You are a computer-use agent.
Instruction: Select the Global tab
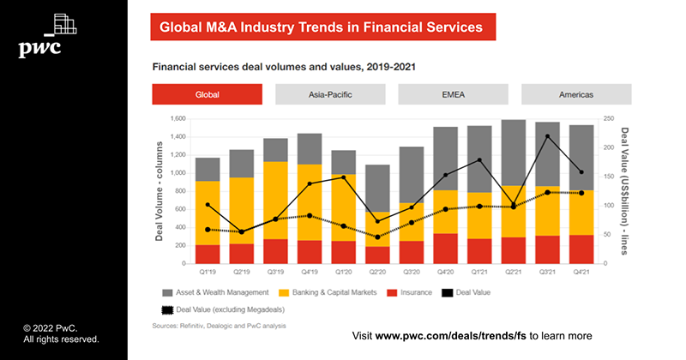(x=207, y=94)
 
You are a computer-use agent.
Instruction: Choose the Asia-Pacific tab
(x=329, y=94)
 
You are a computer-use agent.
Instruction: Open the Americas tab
(x=576, y=94)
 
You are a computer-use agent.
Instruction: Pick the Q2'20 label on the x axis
(x=377, y=273)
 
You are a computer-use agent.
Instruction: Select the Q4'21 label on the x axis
(x=581, y=273)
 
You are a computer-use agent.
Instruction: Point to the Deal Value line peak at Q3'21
(x=547, y=136)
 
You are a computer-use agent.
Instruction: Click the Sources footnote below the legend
(x=219, y=326)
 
